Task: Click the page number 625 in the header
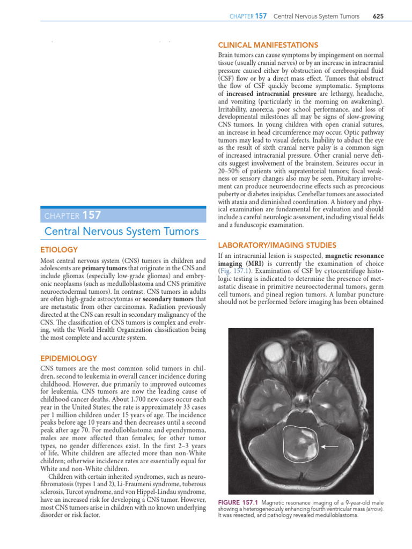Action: click(378, 17)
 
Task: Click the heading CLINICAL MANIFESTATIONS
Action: click(267, 45)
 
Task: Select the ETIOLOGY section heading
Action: click(59, 249)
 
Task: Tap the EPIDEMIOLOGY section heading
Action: click(69, 358)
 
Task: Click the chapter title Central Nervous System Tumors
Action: click(121, 232)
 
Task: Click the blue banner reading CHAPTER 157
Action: click(72, 216)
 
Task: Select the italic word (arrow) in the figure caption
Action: click(377, 508)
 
